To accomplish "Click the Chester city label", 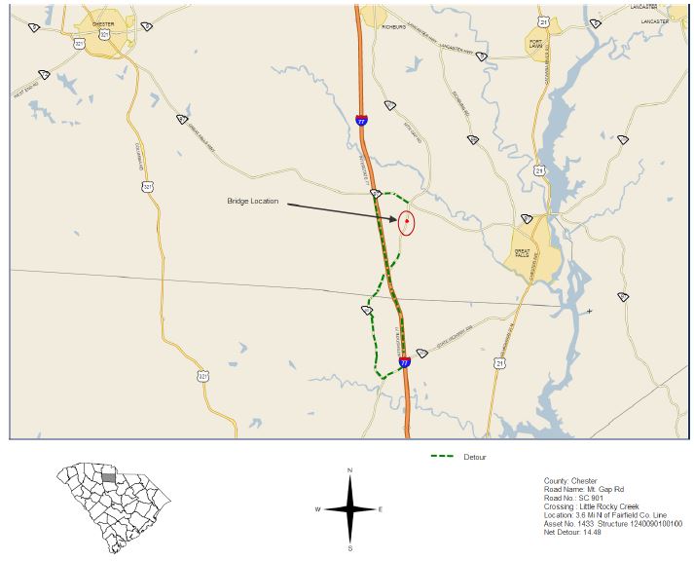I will click(103, 20).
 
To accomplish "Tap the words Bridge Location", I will click(253, 202).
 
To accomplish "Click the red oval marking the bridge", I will click(407, 223).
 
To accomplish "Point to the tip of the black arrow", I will click(398, 221).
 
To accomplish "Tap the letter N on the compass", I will click(349, 471).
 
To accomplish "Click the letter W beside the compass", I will click(317, 509).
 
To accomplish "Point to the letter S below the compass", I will click(349, 548).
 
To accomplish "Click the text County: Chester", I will click(570, 480).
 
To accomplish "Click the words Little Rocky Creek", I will click(603, 505).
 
